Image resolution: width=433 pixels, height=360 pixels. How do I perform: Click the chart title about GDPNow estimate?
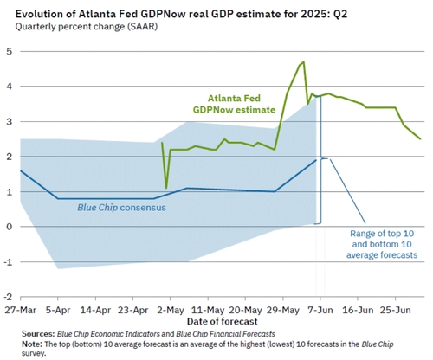[181, 14]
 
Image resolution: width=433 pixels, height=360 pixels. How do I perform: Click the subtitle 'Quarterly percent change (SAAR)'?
[87, 27]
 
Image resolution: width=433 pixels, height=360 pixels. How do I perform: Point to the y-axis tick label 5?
[10, 52]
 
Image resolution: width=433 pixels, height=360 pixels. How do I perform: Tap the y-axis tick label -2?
[8, 297]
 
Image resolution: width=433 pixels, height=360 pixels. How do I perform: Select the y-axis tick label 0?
[10, 227]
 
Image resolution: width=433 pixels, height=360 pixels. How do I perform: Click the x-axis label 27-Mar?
[21, 310]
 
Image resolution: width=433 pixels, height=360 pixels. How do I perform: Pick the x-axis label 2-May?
[170, 310]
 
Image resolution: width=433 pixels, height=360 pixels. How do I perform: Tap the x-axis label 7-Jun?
[320, 310]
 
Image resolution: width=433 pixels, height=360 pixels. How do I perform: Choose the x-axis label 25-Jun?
[395, 310]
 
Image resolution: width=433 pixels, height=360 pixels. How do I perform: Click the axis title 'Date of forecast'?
[222, 321]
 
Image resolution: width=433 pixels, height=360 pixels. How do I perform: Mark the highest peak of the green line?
[304, 61]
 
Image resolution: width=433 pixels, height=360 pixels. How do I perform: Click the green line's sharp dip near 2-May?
[166, 189]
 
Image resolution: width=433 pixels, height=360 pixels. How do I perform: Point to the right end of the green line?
[420, 139]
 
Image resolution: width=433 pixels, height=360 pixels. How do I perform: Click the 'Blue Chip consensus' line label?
[121, 208]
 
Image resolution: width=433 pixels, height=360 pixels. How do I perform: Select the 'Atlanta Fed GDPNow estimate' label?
[234, 104]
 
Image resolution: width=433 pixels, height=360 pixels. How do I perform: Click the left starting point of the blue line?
[21, 170]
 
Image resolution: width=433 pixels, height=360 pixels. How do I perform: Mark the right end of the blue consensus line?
[316, 160]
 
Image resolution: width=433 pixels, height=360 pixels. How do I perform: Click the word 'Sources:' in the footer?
[38, 334]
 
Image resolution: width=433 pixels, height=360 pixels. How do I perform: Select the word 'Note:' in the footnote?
[32, 344]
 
